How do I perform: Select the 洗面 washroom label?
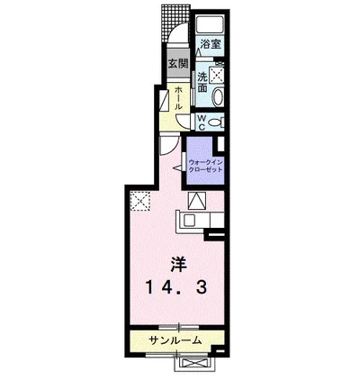click(x=203, y=82)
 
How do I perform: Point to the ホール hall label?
click(x=178, y=95)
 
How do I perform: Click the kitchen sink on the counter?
click(x=192, y=220)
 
